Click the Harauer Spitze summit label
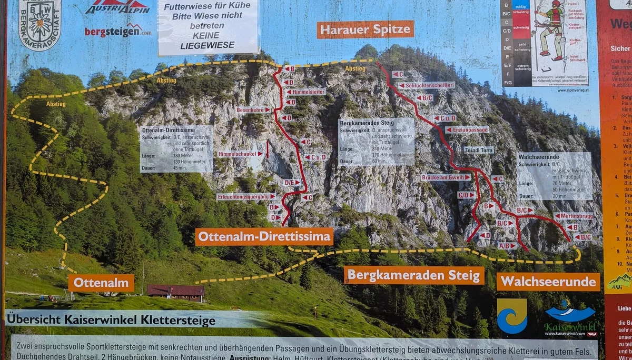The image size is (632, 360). tap(365, 29)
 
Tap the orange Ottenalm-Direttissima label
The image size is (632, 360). tap(264, 237)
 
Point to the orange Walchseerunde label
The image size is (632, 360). tap(548, 282)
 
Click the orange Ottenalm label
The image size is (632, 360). tap(101, 283)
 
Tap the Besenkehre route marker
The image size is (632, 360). tap(253, 110)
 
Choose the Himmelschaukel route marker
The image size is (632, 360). tap(240, 154)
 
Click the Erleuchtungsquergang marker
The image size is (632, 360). tap(246, 196)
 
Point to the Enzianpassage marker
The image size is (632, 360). tap(467, 129)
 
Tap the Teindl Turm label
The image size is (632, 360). tap(478, 150)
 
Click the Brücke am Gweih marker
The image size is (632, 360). tap(446, 178)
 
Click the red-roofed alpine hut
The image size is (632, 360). tap(175, 292)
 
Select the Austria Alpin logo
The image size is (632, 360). tap(118, 7)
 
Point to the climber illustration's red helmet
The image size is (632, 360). tap(556, 4)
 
